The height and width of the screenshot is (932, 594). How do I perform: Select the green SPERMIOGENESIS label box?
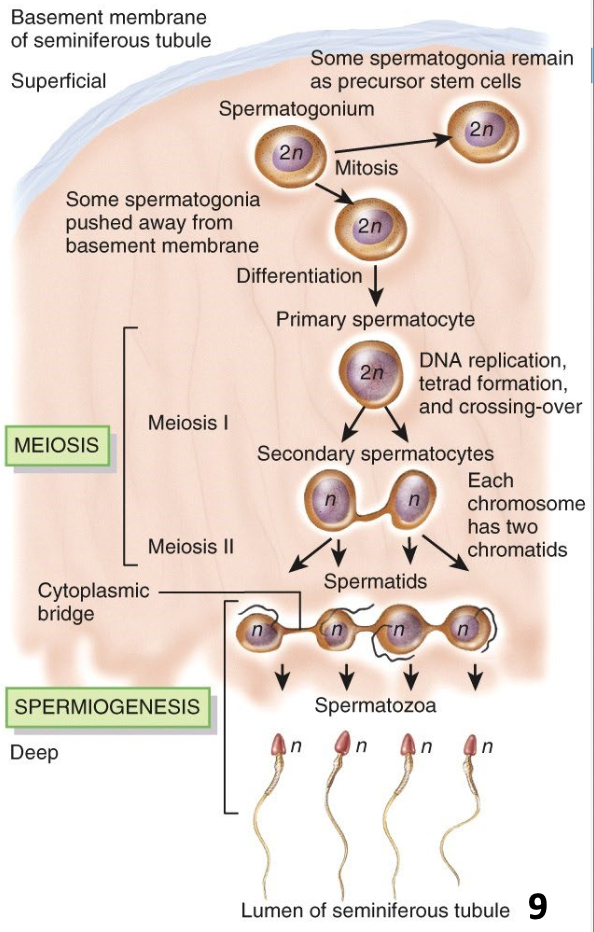[107, 708]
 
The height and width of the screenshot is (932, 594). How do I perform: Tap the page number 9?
[537, 906]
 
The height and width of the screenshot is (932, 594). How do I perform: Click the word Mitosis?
[366, 168]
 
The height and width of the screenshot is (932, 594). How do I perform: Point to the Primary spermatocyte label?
[375, 320]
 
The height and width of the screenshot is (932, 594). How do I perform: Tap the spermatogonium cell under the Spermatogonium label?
[289, 155]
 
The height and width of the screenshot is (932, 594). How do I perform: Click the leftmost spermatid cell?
[258, 631]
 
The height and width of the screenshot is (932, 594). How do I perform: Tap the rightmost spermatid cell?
[462, 630]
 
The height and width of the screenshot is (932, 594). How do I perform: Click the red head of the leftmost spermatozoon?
[281, 746]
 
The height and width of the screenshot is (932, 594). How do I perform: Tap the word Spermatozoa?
[375, 706]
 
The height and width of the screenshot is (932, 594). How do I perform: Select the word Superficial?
[58, 81]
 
